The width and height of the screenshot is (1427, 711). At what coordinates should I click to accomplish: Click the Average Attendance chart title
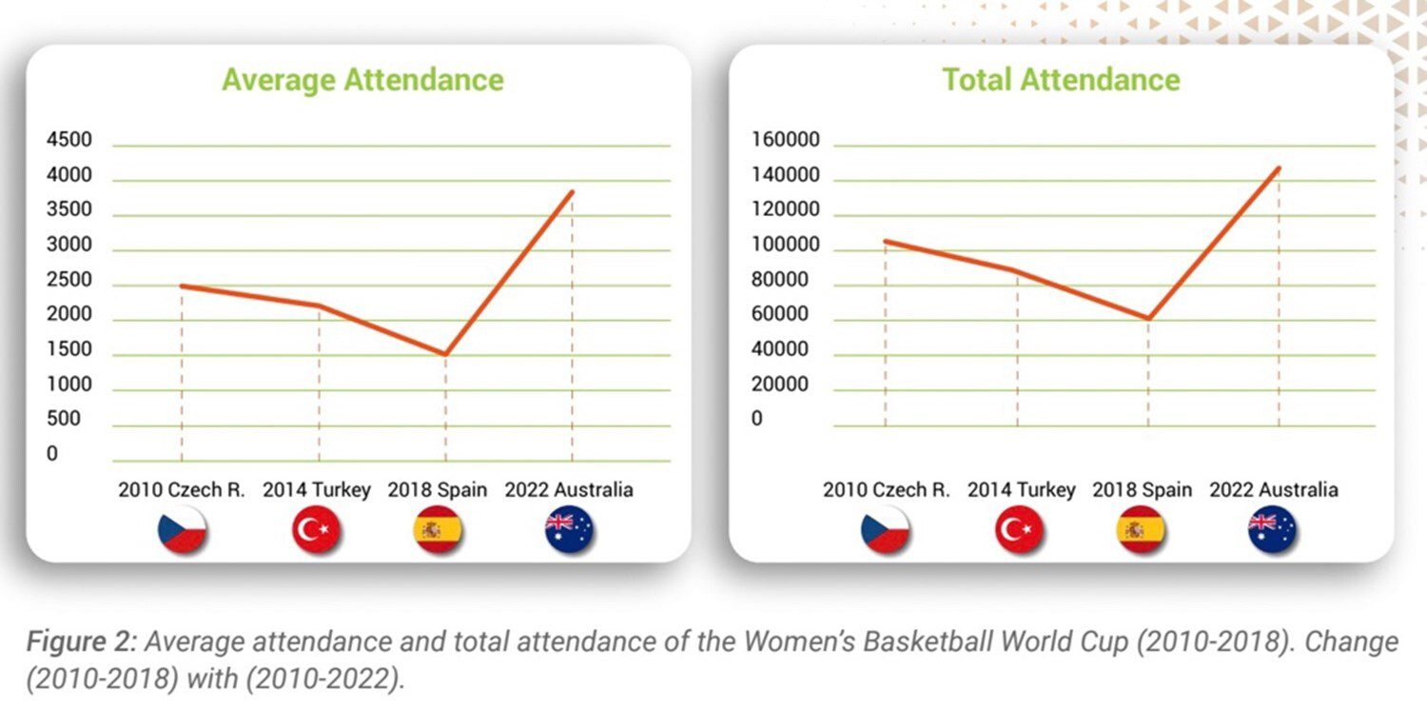(362, 79)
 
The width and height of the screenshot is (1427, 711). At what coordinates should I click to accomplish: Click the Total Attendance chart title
(1061, 79)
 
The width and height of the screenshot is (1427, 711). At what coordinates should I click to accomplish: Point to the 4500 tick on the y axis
(69, 141)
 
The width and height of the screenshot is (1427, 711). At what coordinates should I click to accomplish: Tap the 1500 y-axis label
(69, 350)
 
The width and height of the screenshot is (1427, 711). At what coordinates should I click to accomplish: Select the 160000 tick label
(785, 141)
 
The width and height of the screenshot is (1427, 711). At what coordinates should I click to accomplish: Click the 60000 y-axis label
(780, 315)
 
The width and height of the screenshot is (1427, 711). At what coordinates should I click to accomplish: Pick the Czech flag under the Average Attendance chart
(183, 530)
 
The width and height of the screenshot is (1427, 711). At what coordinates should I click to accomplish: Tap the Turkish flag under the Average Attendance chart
(316, 530)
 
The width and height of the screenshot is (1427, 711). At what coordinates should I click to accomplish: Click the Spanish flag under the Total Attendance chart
(1140, 530)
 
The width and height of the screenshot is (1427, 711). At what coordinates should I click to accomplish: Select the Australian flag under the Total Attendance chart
(1273, 530)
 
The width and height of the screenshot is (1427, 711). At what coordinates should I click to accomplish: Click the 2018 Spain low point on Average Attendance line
(445, 355)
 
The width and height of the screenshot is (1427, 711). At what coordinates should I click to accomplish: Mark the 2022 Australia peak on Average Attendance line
(572, 191)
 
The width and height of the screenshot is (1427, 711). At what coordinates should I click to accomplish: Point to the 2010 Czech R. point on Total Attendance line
(886, 241)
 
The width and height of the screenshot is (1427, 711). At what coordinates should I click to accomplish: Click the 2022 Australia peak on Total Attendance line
(1279, 168)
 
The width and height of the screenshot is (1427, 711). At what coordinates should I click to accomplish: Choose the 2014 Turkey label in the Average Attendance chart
(317, 491)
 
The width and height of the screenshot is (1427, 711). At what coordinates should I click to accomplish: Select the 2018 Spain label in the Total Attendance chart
(1142, 490)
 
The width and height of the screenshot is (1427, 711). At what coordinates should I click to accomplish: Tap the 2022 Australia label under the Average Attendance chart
(569, 491)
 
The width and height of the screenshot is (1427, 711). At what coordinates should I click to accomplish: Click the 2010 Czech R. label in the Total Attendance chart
(887, 490)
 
